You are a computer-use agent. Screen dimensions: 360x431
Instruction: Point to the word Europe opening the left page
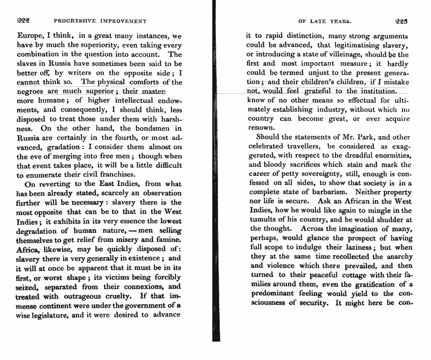point(30,36)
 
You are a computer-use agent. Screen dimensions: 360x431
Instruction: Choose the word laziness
point(359,248)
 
